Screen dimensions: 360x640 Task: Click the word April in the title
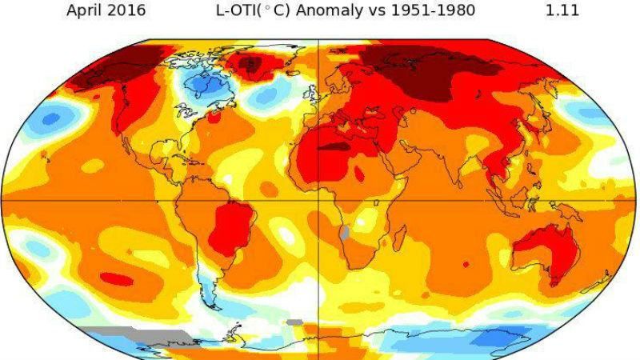click(84, 10)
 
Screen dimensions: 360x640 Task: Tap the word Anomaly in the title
click(335, 10)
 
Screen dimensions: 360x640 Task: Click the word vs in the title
click(381, 10)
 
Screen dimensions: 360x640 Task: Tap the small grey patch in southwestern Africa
click(345, 234)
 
